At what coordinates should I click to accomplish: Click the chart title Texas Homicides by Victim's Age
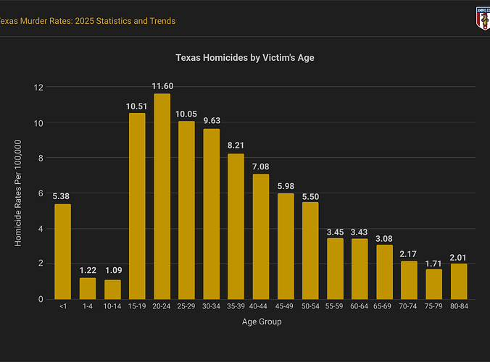pos(244,56)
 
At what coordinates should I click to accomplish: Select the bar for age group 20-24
pos(162,196)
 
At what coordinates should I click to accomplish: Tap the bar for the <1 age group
pos(63,251)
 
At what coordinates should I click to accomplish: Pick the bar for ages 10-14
pos(112,289)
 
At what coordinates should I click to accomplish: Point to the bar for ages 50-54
pos(310,250)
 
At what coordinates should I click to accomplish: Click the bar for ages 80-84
pos(458,281)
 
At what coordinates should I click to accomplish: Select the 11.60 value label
pos(162,87)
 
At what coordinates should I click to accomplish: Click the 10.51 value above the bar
pos(137,106)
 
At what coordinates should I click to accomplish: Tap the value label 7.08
pos(261,167)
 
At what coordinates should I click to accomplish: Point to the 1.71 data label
pos(433,263)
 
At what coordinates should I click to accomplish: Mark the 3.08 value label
pos(384,238)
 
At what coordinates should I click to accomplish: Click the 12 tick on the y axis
pos(39,88)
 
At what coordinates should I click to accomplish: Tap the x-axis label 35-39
pos(236,308)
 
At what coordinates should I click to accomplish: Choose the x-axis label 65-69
pos(384,308)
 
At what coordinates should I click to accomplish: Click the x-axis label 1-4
pos(88,308)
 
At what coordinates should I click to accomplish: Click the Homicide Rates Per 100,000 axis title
pos(19,193)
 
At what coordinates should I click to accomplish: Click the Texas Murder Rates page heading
pos(87,21)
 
